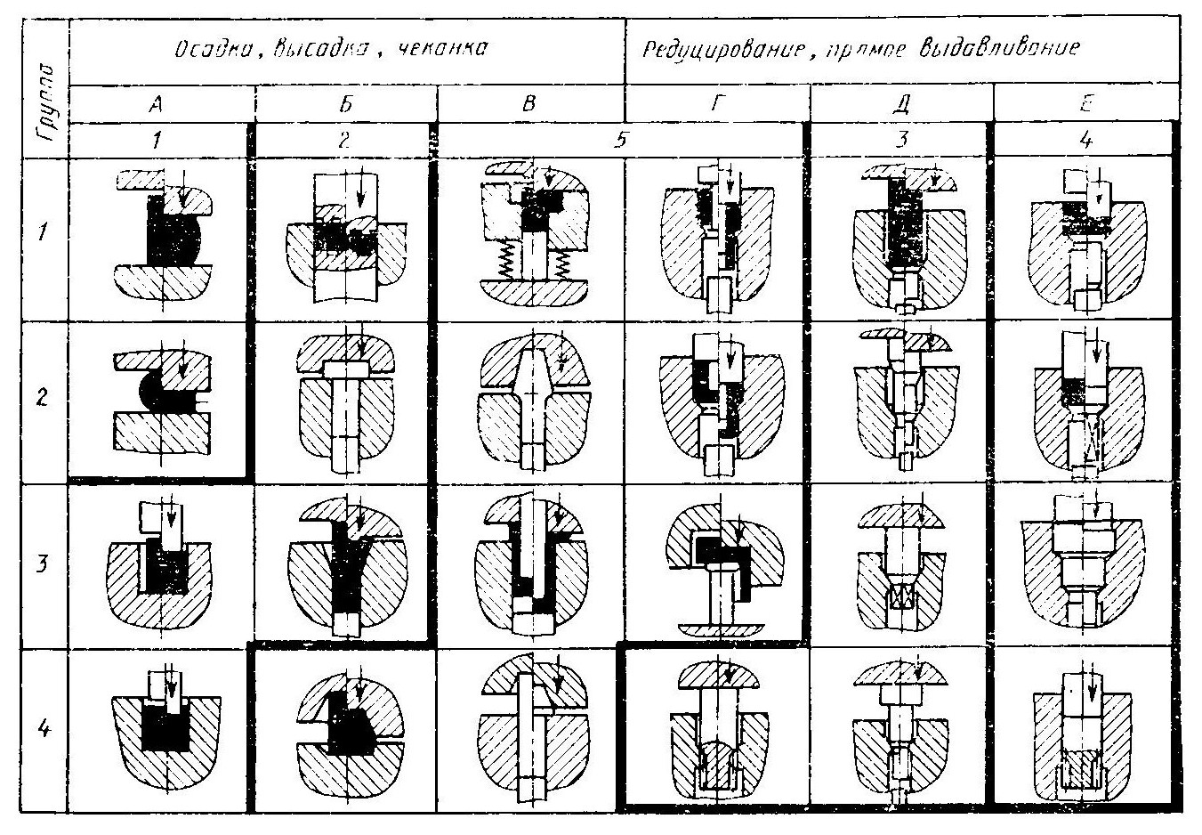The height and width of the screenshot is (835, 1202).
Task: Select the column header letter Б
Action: tap(345, 104)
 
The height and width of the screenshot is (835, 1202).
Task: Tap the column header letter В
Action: tap(530, 104)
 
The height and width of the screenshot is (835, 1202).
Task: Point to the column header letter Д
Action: tap(902, 104)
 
